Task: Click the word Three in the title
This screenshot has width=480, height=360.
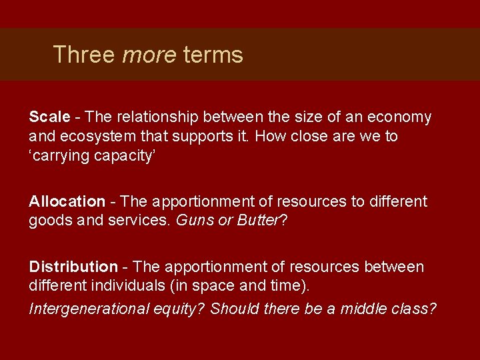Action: pyautogui.click(x=84, y=54)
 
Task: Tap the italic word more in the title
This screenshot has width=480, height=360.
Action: pyautogui.click(x=149, y=54)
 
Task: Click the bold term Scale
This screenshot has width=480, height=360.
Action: pyautogui.click(x=49, y=117)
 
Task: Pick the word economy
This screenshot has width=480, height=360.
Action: pyautogui.click(x=398, y=117)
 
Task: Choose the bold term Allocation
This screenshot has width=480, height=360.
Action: pyautogui.click(x=67, y=201)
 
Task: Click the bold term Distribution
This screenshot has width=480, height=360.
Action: pyautogui.click(x=73, y=267)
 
